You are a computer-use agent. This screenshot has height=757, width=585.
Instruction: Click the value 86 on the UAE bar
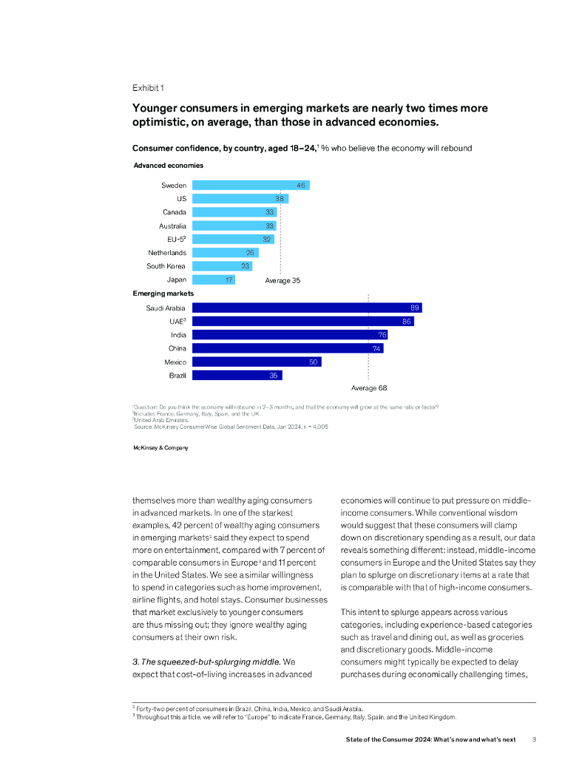pyautogui.click(x=407, y=322)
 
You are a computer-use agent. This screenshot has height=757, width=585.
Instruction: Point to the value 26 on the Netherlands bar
pyautogui.click(x=251, y=253)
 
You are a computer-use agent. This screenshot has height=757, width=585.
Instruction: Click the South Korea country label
pyautogui.click(x=166, y=266)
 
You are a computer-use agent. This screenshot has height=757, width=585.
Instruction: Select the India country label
pyautogui.click(x=178, y=335)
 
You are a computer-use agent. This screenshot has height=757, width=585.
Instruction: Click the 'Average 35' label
pyautogui.click(x=283, y=281)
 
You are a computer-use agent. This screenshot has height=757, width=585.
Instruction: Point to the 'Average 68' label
pyautogui.click(x=369, y=387)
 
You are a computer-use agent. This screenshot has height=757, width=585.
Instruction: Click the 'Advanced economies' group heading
pyautogui.click(x=168, y=166)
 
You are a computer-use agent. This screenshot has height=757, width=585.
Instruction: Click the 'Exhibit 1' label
pyautogui.click(x=149, y=88)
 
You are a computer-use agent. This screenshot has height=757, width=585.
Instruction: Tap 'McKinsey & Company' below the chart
pyautogui.click(x=160, y=448)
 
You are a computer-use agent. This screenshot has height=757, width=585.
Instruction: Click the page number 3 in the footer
pyautogui.click(x=535, y=739)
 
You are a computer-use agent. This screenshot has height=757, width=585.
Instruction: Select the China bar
pyautogui.click(x=288, y=348)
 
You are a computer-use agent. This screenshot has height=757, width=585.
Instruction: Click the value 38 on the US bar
pyautogui.click(x=280, y=199)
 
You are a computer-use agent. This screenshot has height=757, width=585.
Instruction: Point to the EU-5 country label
pyautogui.click(x=176, y=240)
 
